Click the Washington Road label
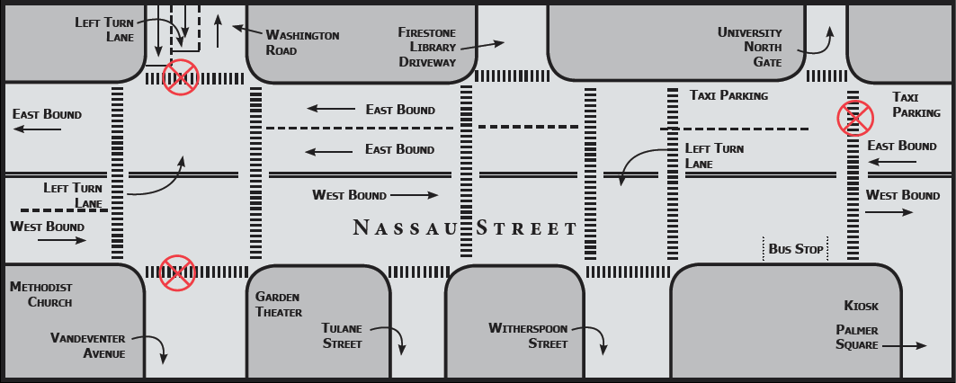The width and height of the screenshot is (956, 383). click(x=302, y=42)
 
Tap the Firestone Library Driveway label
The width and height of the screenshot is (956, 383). click(x=427, y=47)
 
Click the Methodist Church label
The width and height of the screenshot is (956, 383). click(x=41, y=294)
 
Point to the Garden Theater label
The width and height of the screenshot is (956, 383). click(x=277, y=304)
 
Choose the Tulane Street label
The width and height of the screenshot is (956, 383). click(x=342, y=335)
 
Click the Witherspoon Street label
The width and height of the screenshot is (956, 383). click(x=528, y=335)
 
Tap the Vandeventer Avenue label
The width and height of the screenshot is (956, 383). click(x=87, y=345)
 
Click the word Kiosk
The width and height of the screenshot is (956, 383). click(x=861, y=306)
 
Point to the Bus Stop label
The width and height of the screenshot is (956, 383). click(x=796, y=249)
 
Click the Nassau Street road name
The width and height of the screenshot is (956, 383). click(x=465, y=227)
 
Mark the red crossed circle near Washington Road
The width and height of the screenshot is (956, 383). click(x=180, y=77)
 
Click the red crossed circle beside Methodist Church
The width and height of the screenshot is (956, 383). click(x=177, y=272)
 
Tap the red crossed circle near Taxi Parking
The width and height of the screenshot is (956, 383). click(x=855, y=117)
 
